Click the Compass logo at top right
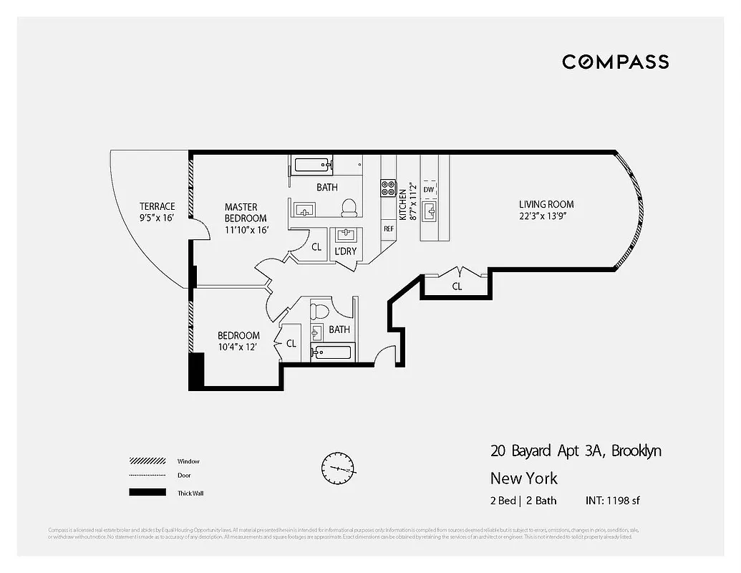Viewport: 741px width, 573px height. [615, 62]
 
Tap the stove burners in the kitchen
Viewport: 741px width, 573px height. [388, 188]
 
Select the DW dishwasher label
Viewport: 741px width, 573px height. [428, 190]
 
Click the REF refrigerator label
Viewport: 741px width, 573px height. [389, 229]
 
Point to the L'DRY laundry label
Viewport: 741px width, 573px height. [346, 251]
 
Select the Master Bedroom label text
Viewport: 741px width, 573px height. [245, 213]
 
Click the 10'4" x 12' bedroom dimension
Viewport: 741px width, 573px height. [238, 347]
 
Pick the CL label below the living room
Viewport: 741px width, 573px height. [457, 286]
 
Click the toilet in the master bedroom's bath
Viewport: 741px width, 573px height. [349, 208]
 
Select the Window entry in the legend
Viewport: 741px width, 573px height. [189, 461]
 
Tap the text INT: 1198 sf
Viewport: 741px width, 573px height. [612, 500]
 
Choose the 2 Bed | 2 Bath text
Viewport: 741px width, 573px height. [523, 500]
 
